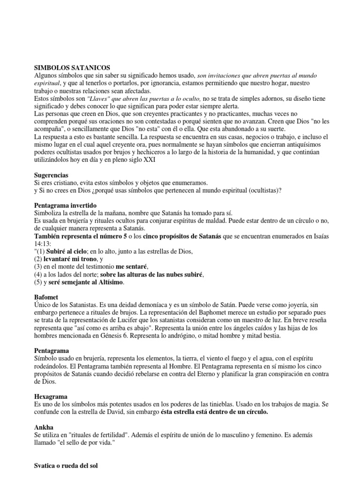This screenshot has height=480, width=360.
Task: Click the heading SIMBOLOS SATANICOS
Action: click(x=72, y=68)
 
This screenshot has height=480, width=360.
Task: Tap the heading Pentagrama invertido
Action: click(x=66, y=205)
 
